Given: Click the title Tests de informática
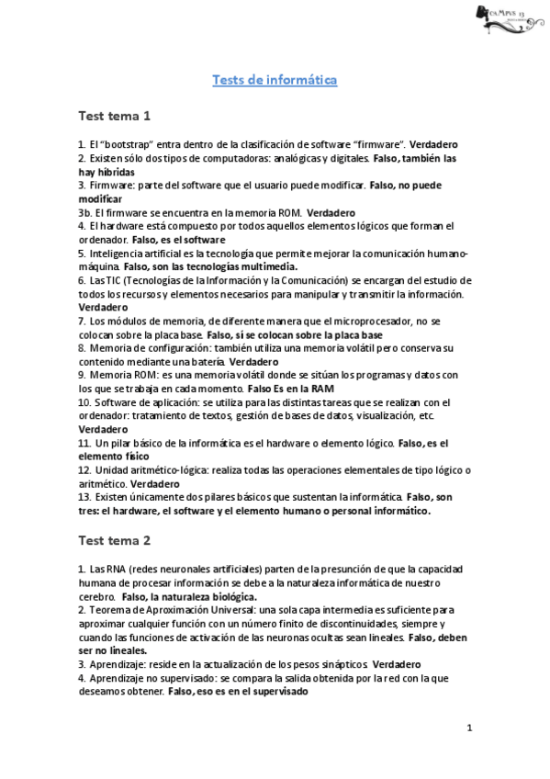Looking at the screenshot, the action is click(x=275, y=81).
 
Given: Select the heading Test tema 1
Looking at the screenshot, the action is click(x=114, y=117).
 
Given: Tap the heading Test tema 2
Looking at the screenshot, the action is click(x=114, y=539).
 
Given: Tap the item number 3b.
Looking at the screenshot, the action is click(x=84, y=211).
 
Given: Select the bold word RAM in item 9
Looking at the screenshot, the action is click(x=321, y=389).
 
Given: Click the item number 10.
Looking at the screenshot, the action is click(x=84, y=402).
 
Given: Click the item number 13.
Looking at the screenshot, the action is click(x=84, y=497).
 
